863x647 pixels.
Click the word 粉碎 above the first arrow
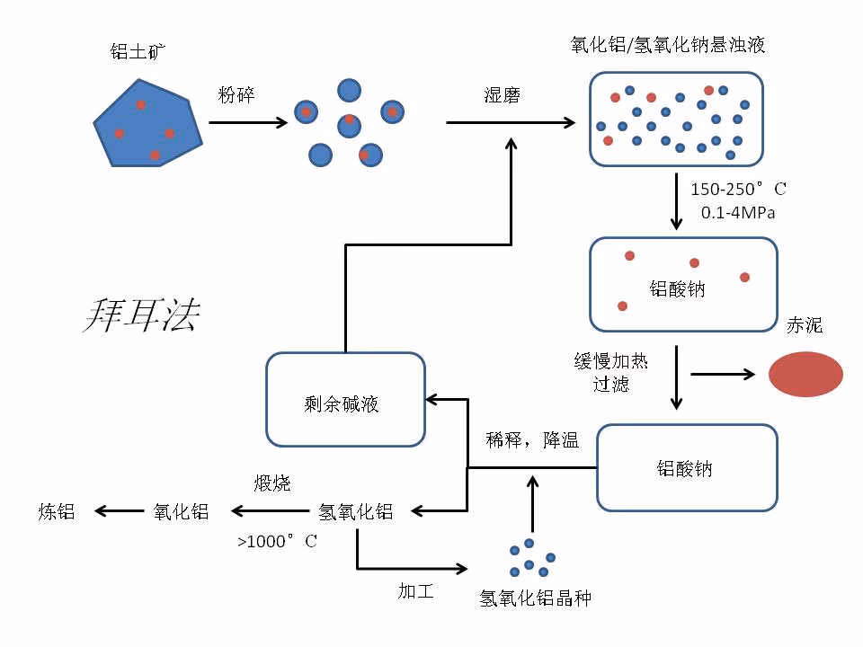tap(236, 94)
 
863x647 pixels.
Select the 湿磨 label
tap(503, 95)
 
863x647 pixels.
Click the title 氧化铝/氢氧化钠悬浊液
tap(668, 45)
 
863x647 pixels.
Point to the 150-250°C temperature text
tap(737, 190)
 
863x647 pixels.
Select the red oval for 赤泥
tap(805, 374)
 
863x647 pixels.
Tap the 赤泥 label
tap(805, 325)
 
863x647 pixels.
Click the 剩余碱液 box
tap(345, 400)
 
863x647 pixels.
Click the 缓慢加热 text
tap(611, 361)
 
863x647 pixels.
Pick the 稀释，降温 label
tap(532, 440)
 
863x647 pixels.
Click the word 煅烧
tap(272, 483)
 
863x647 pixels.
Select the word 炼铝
tap(56, 512)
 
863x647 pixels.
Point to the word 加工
tap(416, 590)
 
